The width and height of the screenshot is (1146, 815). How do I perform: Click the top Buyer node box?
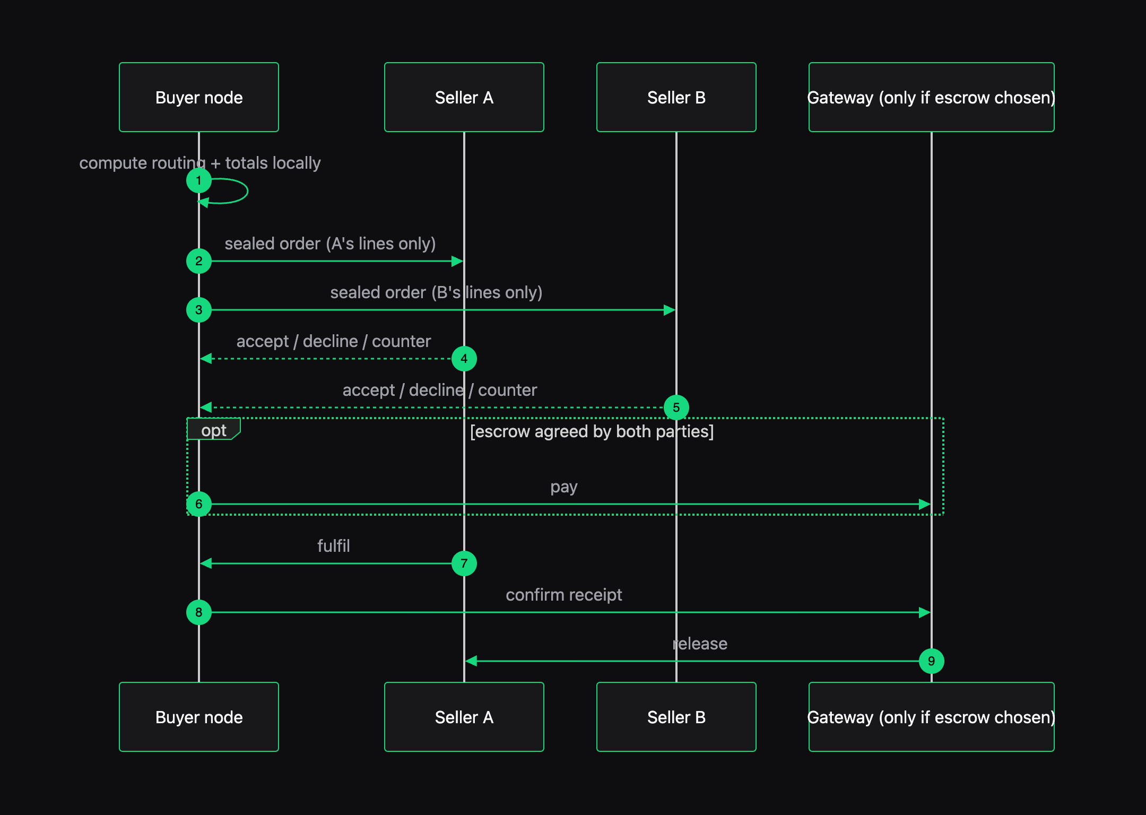click(199, 97)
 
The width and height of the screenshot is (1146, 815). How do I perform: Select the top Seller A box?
click(464, 97)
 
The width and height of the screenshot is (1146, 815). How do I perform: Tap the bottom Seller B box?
click(676, 717)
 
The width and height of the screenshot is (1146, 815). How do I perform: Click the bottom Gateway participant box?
click(932, 717)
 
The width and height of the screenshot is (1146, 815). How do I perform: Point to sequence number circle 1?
click(199, 180)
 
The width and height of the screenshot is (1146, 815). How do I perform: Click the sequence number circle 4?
click(464, 359)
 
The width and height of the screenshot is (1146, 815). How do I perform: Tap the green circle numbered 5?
click(676, 407)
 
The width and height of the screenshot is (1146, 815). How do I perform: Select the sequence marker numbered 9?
click(932, 661)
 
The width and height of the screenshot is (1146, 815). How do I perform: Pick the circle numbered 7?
click(464, 563)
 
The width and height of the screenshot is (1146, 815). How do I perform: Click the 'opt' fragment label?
click(214, 430)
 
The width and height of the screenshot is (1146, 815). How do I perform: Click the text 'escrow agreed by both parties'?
click(592, 431)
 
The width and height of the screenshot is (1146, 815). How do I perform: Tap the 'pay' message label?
click(564, 487)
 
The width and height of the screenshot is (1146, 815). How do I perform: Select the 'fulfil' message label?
click(334, 546)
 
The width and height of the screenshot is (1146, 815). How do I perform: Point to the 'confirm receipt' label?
click(564, 595)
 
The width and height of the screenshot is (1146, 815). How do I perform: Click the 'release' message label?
click(700, 644)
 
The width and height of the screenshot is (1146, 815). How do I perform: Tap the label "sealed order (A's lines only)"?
click(330, 244)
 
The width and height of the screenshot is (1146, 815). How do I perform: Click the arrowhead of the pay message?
click(925, 504)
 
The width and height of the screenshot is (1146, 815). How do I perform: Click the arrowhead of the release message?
click(471, 661)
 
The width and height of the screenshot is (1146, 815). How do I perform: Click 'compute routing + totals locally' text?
click(200, 163)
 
